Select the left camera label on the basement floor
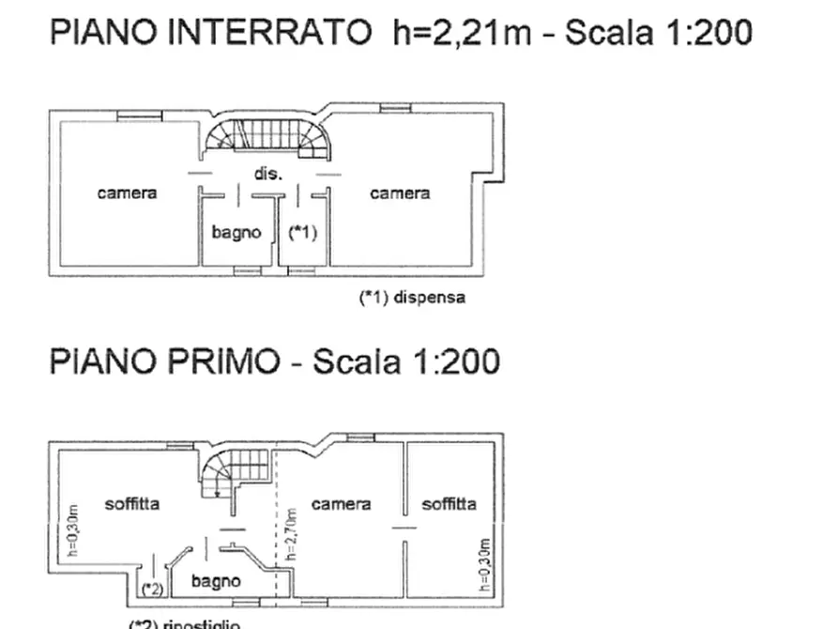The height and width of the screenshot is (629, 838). pos(127,193)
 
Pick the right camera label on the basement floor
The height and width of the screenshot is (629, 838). pos(400,193)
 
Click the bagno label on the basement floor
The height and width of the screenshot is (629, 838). pos(236,233)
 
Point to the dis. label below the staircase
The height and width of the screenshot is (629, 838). pos(268,174)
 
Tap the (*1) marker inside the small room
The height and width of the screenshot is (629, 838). pos(301,233)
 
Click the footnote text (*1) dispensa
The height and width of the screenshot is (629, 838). pos(413,299)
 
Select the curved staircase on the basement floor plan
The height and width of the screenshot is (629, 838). pos(267,136)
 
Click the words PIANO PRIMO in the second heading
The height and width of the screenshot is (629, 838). pos(164,361)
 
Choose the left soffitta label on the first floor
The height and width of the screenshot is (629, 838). pos(131,504)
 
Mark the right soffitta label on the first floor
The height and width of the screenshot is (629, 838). pos(449,504)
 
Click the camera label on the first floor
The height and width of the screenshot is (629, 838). pos(341,504)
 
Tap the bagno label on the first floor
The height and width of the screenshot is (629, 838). pos(216,582)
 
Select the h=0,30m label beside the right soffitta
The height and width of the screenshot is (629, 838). pos(485,566)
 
